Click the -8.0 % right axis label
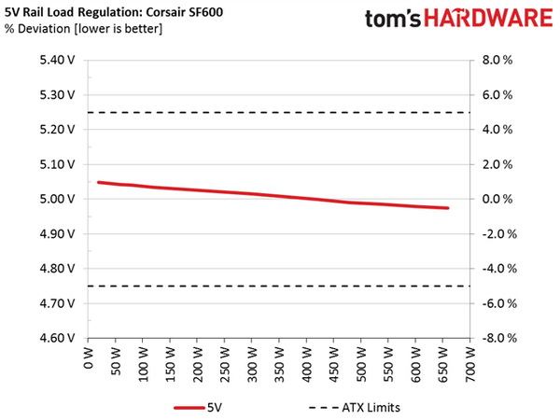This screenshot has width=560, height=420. [x=498, y=339]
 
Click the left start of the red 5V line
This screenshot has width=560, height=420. [x=98, y=182]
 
